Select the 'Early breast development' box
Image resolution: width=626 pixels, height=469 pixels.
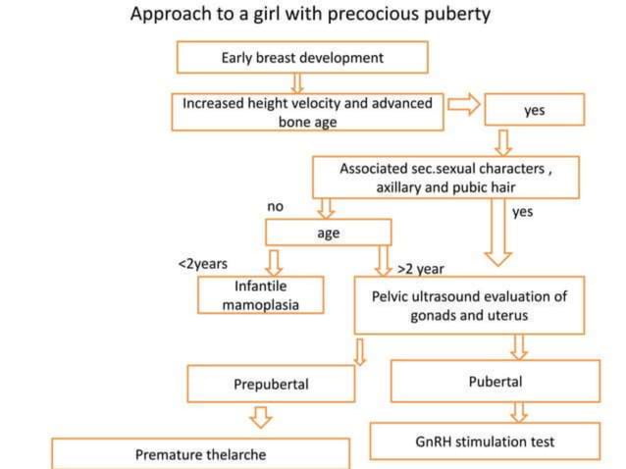(301, 58)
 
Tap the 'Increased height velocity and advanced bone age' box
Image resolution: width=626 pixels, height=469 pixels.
(307, 112)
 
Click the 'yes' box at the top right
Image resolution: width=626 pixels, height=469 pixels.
(534, 111)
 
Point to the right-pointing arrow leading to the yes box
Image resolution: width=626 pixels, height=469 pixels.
(464, 105)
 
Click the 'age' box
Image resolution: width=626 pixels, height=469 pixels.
(328, 233)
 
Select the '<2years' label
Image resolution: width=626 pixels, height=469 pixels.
(202, 264)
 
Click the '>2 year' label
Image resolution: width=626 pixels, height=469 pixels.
(421, 267)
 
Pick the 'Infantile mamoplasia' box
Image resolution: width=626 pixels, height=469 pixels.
(260, 295)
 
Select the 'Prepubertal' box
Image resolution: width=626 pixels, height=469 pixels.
(271, 384)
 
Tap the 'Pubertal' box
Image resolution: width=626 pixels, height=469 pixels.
(494, 381)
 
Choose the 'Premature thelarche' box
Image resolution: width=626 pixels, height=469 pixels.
(200, 454)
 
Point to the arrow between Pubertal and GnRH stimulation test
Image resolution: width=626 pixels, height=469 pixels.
(519, 411)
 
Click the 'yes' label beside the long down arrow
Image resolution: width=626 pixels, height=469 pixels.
(521, 210)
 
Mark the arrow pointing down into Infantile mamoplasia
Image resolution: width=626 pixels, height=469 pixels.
(275, 261)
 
